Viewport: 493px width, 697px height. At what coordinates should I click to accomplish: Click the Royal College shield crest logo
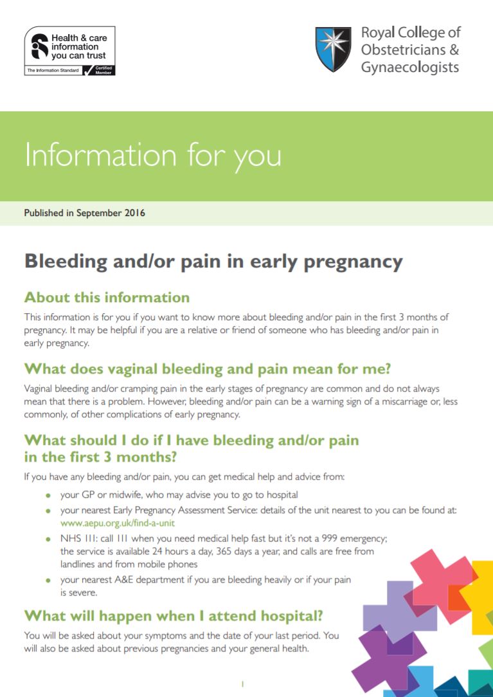[333, 50]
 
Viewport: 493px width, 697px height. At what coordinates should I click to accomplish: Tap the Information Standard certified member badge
[69, 51]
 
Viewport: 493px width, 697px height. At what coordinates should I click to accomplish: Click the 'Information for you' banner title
[152, 156]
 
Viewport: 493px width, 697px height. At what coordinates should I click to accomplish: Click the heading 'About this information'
[107, 298]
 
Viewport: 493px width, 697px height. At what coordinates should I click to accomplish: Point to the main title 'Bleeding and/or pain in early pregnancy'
[213, 262]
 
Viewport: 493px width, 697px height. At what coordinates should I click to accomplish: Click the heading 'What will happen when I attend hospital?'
[173, 615]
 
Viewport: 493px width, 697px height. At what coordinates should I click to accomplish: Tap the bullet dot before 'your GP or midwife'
[48, 496]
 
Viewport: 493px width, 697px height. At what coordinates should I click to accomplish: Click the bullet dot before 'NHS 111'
[48, 539]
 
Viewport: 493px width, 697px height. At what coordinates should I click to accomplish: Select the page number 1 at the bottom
[242, 684]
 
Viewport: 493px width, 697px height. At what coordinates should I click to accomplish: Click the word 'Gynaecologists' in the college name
[409, 68]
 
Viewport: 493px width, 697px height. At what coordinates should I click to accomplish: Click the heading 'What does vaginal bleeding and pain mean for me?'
[207, 369]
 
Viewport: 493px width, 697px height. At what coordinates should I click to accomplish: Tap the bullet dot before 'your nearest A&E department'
[48, 581]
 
